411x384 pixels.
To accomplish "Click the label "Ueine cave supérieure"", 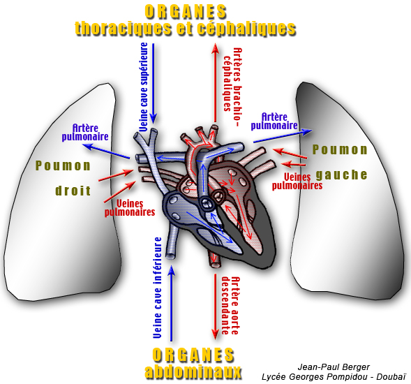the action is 144,87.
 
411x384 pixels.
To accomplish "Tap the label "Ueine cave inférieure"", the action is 158,288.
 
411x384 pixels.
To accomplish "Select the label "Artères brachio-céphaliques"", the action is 233,87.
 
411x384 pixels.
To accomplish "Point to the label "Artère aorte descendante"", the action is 230,306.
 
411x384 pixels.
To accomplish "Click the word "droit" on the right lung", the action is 73,191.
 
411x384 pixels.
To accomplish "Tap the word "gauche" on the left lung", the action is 341,175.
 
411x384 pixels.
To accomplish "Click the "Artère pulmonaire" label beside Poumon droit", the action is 85,133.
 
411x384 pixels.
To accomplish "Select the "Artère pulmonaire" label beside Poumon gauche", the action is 274,121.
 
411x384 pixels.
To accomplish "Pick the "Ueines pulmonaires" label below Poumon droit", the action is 130,208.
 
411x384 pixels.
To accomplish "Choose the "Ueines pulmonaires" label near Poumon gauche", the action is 297,182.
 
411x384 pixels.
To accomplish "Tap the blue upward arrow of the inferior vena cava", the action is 172,303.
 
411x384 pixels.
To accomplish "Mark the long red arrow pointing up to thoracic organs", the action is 215,82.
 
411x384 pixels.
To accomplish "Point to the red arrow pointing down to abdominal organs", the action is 215,307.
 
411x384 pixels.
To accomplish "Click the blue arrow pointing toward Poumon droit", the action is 107,151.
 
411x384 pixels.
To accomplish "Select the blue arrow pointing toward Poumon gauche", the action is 283,136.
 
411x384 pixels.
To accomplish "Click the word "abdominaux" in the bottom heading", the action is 193,371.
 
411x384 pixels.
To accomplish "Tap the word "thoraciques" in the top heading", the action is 123,28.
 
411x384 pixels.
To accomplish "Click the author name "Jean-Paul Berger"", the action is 334,367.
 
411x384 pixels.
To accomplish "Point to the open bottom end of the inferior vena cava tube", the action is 171,256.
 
